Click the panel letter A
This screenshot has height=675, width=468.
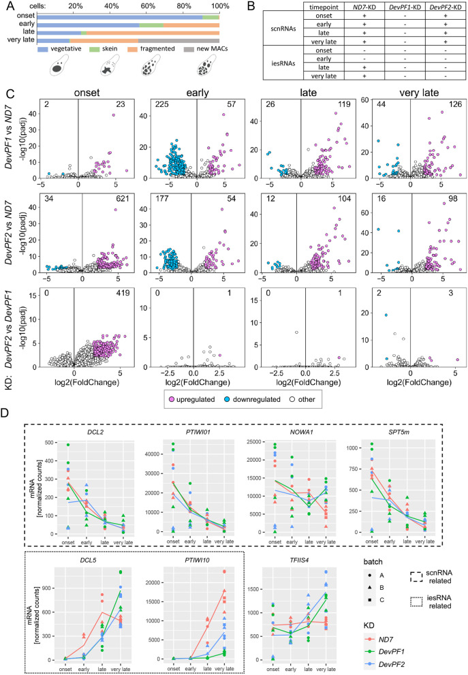11,5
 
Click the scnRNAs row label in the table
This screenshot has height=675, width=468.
283,29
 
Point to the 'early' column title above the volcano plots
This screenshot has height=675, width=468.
198,93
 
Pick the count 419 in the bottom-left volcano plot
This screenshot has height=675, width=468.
123,293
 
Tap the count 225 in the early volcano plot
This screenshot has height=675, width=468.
162,104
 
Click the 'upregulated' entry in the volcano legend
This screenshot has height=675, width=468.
191,399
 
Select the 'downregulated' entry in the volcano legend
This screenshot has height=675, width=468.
252,399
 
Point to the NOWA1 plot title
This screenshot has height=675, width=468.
301,432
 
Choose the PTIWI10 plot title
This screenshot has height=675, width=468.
197,559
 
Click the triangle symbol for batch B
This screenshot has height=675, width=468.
371,587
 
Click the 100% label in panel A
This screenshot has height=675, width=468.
220,6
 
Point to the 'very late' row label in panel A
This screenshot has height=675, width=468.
21,40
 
